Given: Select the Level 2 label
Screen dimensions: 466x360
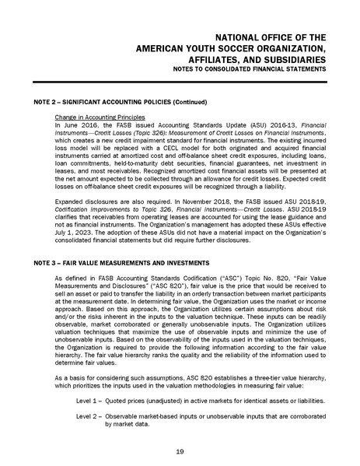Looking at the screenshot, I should tap(88, 416).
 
